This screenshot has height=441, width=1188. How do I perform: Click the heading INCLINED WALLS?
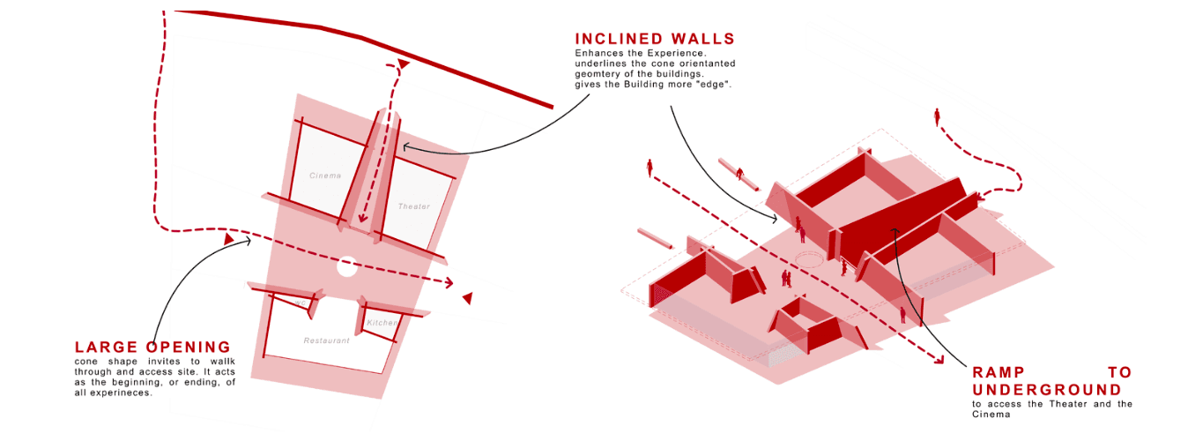click(x=654, y=39)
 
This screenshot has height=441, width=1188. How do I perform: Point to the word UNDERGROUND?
click(x=1047, y=390)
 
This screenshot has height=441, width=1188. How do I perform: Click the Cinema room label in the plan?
click(x=325, y=176)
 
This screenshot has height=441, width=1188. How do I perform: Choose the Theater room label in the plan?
click(x=413, y=206)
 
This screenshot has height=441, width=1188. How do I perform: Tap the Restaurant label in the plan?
click(x=326, y=340)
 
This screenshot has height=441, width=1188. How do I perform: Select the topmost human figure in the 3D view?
click(x=937, y=116)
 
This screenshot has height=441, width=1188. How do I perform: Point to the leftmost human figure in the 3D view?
click(x=650, y=168)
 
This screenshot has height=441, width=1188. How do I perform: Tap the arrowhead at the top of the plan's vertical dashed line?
click(x=403, y=64)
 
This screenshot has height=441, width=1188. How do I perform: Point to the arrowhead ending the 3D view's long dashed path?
click(x=938, y=359)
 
